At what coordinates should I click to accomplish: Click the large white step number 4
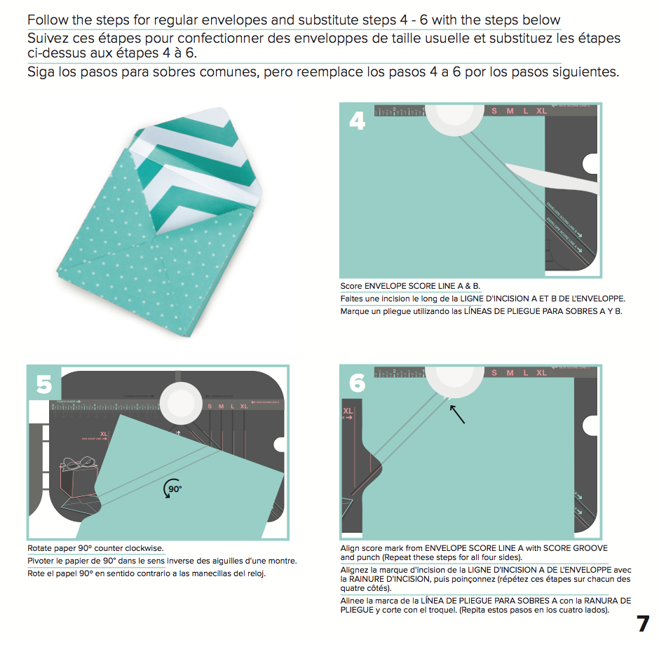(x=357, y=121)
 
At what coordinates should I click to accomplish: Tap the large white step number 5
(x=43, y=385)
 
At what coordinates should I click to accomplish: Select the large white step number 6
(x=357, y=383)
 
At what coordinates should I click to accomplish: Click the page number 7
(x=641, y=624)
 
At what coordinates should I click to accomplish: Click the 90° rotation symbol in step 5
(x=172, y=489)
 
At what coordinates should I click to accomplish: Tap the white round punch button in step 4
(x=454, y=116)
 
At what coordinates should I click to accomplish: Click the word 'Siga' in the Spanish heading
(x=41, y=72)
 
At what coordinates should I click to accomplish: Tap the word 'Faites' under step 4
(x=353, y=299)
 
